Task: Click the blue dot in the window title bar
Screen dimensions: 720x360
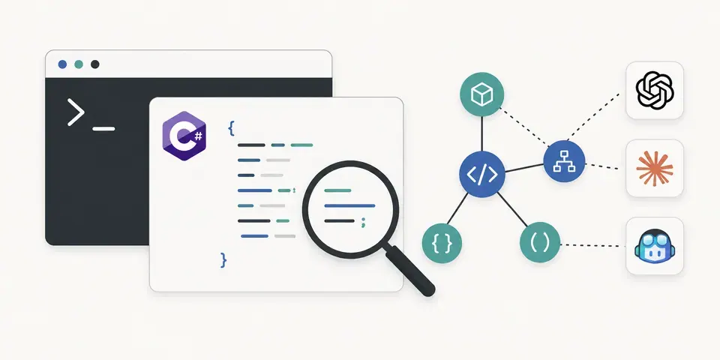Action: tap(62, 64)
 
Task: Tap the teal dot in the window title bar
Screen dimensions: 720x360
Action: tap(79, 64)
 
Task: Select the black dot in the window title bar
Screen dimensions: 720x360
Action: tap(95, 64)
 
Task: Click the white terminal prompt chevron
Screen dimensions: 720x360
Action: tap(76, 112)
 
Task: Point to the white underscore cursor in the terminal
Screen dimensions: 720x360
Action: tap(103, 129)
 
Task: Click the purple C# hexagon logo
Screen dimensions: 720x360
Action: tap(184, 136)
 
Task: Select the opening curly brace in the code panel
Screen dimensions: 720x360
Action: tap(231, 128)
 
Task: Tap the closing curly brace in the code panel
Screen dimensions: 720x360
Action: tap(223, 260)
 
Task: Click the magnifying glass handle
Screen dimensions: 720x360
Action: tap(409, 271)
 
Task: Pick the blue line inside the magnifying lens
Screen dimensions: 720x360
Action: tap(349, 205)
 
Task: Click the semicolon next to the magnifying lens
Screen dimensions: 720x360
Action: tap(363, 222)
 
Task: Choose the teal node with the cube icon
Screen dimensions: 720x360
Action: tap(481, 94)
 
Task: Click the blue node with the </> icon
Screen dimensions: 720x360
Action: tap(482, 175)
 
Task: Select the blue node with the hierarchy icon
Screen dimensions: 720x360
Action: tap(564, 162)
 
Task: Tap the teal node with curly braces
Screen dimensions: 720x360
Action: tap(442, 243)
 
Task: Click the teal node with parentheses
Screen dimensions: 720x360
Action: tap(540, 242)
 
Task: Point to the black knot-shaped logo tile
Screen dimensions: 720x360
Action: tap(654, 91)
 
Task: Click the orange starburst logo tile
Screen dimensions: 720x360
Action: tap(654, 168)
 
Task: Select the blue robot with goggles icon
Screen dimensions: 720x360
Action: tap(654, 246)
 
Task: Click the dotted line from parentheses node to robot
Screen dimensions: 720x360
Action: tap(593, 246)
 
